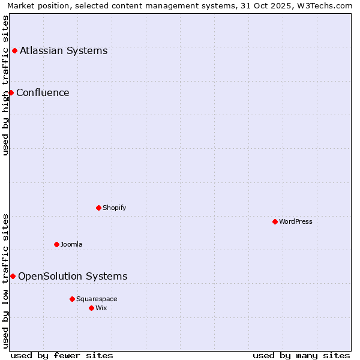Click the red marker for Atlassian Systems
tap(14, 50)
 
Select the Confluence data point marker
tap(11, 92)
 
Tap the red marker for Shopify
tap(98, 208)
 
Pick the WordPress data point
tap(275, 221)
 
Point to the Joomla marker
tap(56, 244)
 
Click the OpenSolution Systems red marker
tap(13, 276)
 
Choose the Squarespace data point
tap(72, 299)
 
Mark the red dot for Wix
tap(91, 308)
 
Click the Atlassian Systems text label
tap(64, 50)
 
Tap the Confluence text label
tap(43, 92)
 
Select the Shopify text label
tap(114, 208)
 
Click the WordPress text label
tap(295, 221)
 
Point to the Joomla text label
tap(71, 244)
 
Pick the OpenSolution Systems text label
tap(73, 276)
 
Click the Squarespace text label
tap(97, 299)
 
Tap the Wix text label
tap(101, 308)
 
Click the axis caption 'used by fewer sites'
tap(62, 355)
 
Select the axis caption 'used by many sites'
tap(301, 355)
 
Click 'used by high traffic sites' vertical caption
tap(6, 85)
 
